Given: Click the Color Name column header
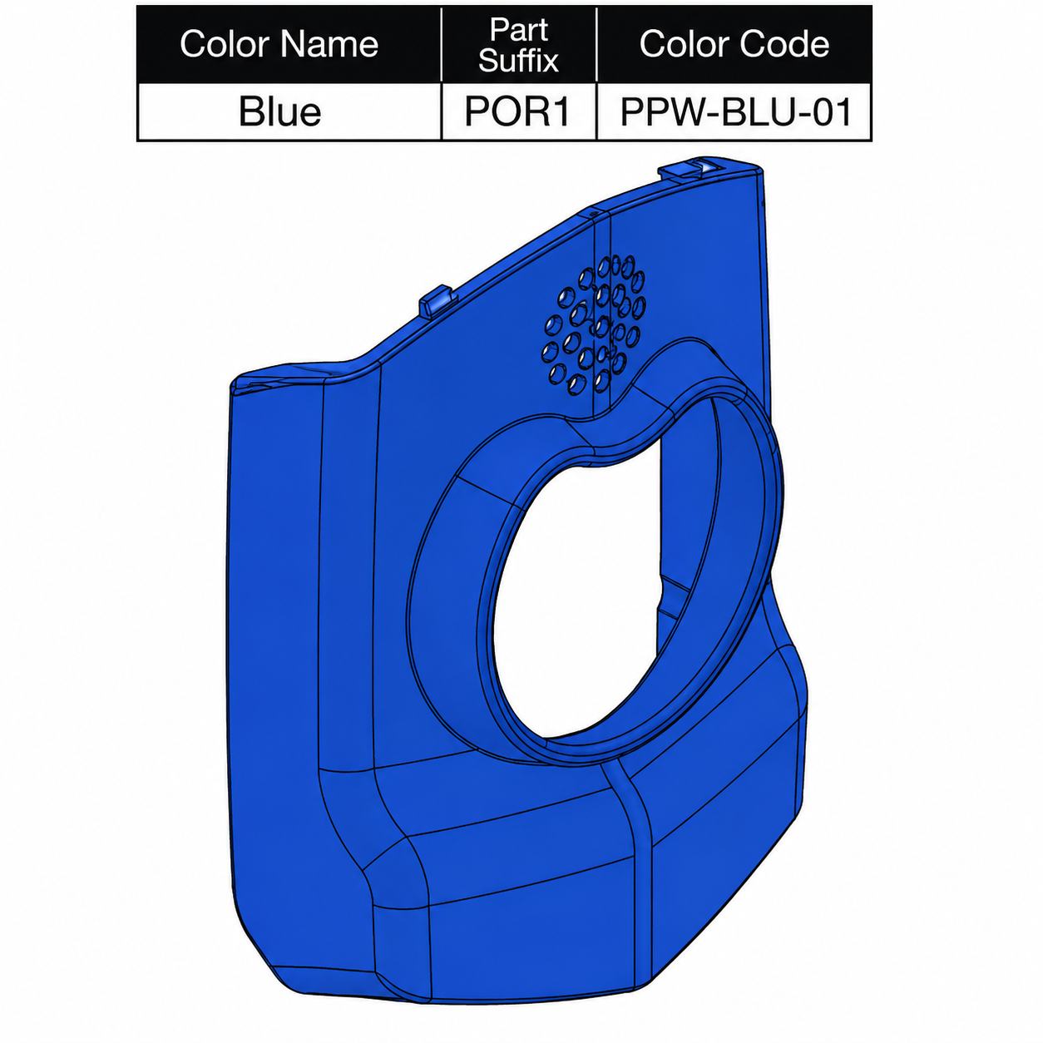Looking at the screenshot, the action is (279, 44).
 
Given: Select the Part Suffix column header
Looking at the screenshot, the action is (518, 44).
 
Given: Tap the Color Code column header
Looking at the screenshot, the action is (734, 44).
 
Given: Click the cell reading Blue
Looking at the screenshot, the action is (279, 112).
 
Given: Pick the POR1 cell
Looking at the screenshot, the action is (518, 112).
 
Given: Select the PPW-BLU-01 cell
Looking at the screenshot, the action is (734, 112).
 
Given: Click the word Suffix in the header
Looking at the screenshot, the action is (518, 59).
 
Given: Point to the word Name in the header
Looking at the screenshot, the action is (329, 44).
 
